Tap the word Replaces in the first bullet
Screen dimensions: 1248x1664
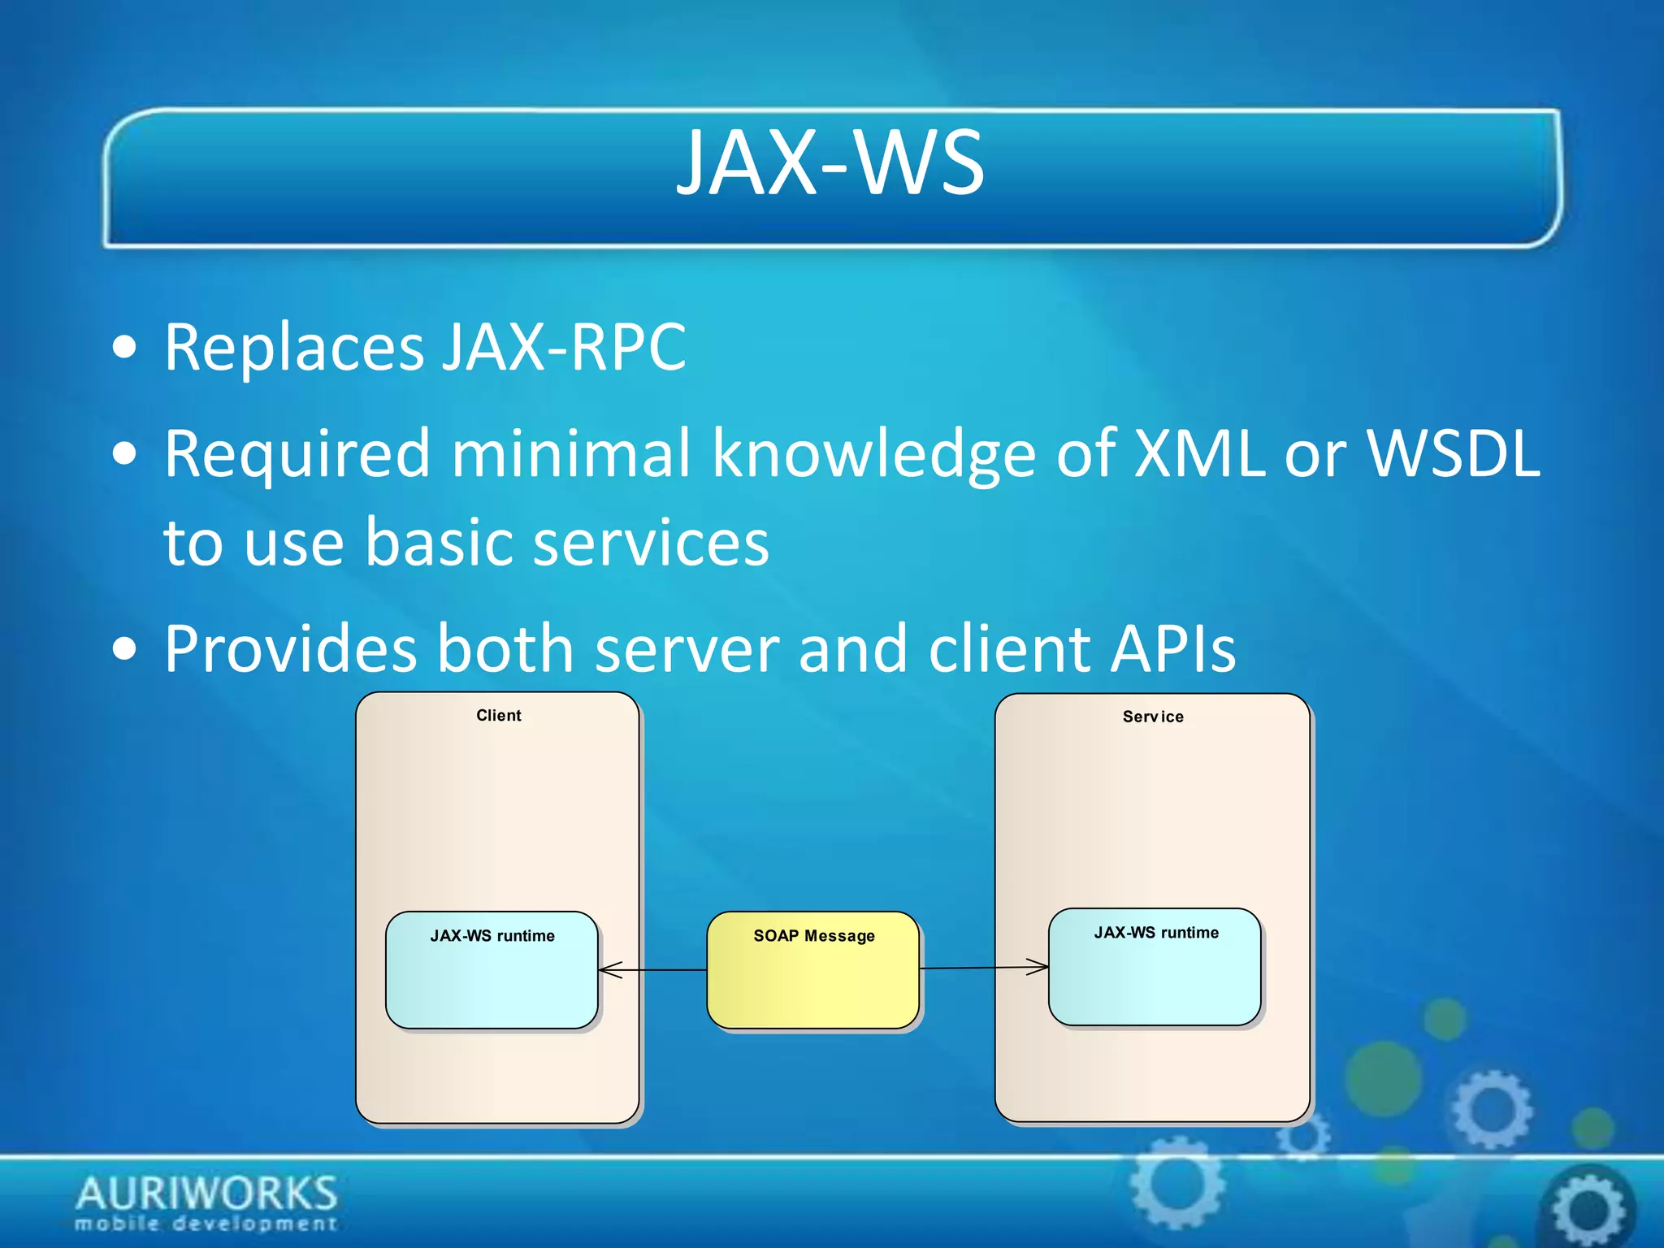tap(292, 348)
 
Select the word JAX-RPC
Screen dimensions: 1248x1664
tap(564, 348)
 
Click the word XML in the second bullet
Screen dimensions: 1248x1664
tap(1199, 453)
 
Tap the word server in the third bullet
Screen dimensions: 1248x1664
tap(687, 650)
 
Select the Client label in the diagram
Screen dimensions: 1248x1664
tap(498, 716)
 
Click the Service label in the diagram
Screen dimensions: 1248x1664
tap(1152, 717)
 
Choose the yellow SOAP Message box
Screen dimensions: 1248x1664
tap(812, 971)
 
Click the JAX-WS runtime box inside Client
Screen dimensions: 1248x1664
tap(492, 971)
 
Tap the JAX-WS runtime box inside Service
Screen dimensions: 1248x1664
tap(1154, 968)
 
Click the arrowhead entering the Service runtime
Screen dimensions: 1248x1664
tap(1039, 967)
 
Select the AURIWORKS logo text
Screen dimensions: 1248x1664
tap(206, 1193)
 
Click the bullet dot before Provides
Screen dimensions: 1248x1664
tap(125, 649)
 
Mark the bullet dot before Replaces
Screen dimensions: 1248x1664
tap(125, 349)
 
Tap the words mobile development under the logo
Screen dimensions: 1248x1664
tap(206, 1224)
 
